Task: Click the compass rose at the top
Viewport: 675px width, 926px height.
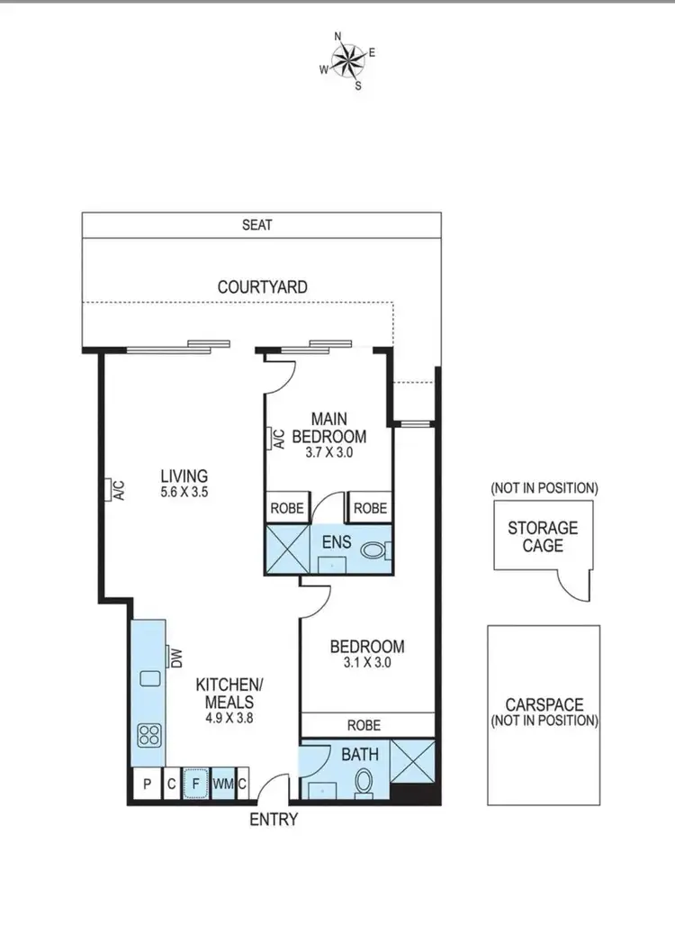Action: [x=347, y=60]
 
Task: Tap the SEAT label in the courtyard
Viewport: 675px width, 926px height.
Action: [x=256, y=224]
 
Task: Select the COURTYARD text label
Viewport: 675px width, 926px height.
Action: [x=262, y=287]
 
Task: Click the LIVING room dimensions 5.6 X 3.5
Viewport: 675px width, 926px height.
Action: [x=184, y=492]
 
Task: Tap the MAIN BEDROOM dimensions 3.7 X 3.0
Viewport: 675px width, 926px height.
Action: [x=330, y=453]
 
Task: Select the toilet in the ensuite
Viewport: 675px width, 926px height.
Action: [x=373, y=549]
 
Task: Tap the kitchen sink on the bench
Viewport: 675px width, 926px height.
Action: [x=149, y=677]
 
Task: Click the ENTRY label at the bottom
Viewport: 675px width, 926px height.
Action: [x=274, y=820]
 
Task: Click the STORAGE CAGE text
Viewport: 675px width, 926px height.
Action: [x=542, y=536]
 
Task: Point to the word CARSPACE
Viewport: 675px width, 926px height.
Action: [x=544, y=704]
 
